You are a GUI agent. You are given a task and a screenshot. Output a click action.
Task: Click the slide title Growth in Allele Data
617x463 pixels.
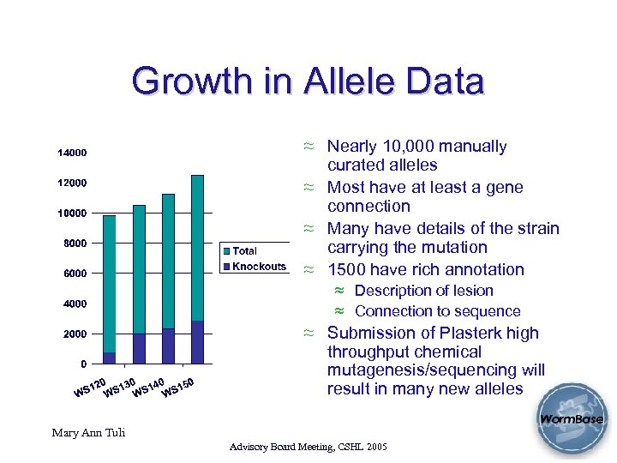(308, 82)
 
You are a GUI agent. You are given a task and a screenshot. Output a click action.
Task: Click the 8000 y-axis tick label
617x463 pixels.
(75, 244)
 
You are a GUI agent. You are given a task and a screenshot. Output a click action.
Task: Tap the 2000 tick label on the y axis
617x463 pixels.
(75, 334)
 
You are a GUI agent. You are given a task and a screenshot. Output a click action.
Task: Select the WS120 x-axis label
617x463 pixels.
(90, 388)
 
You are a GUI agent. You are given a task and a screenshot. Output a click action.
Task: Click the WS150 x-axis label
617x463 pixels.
(179, 387)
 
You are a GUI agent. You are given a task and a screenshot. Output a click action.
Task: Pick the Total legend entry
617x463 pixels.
(244, 251)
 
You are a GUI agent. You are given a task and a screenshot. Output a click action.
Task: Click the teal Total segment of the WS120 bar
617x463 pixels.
(110, 283)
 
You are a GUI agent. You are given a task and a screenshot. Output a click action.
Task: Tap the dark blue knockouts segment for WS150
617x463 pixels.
(197, 342)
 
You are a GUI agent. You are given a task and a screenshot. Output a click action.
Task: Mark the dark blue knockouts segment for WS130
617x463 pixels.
(139, 348)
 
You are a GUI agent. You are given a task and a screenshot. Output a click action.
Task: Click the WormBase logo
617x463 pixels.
(571, 420)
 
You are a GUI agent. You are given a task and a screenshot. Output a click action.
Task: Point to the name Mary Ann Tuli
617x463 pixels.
(88, 432)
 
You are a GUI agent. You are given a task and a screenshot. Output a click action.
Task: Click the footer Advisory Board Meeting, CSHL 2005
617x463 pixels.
(308, 448)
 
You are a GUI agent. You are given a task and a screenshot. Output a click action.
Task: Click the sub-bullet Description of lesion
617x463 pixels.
(423, 291)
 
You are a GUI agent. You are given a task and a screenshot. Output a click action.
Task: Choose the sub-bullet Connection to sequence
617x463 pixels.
(437, 311)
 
